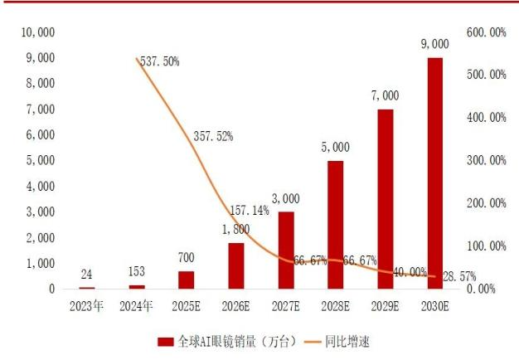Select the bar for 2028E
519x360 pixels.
pyautogui.click(x=335, y=224)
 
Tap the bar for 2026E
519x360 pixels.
pyautogui.click(x=236, y=265)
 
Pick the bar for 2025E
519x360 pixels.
pyautogui.click(x=187, y=280)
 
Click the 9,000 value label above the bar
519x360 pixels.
pyautogui.click(x=435, y=44)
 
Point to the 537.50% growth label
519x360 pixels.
pyautogui.click(x=157, y=61)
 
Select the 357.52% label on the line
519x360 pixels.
pyautogui.click(x=213, y=135)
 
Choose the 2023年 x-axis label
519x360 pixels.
pyautogui.click(x=86, y=305)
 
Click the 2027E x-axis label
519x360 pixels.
pyautogui.click(x=285, y=305)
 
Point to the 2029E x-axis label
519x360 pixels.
pyautogui.click(x=385, y=305)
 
